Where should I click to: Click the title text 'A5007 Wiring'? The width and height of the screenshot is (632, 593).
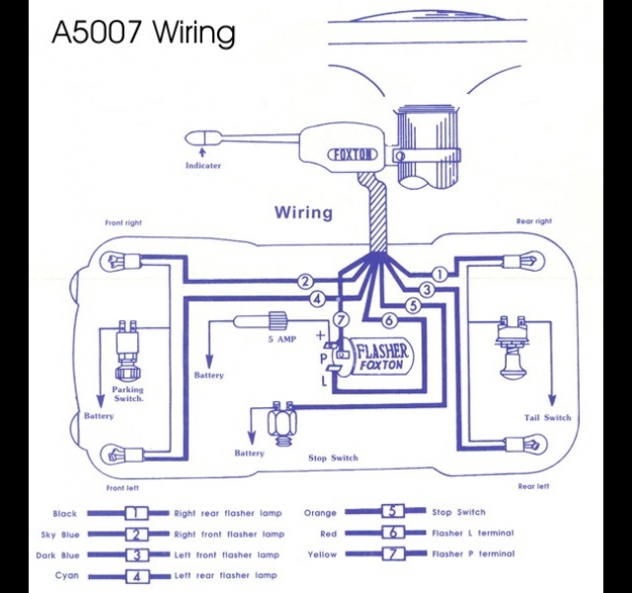pyautogui.click(x=143, y=33)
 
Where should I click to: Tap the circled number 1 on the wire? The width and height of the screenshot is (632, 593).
pyautogui.click(x=439, y=275)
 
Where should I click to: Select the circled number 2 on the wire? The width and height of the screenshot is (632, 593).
pyautogui.click(x=305, y=282)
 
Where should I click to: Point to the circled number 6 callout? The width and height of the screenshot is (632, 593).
pyautogui.click(x=389, y=320)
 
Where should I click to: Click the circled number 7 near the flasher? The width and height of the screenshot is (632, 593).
pyautogui.click(x=342, y=320)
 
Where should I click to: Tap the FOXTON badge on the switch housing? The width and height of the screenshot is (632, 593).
pyautogui.click(x=353, y=155)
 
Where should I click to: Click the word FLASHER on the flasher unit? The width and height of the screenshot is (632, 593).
pyautogui.click(x=382, y=351)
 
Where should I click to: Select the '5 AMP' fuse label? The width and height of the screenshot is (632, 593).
pyautogui.click(x=282, y=339)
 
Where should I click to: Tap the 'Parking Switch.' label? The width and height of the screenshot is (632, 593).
pyautogui.click(x=127, y=394)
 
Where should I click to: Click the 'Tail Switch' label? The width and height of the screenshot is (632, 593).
pyautogui.click(x=548, y=417)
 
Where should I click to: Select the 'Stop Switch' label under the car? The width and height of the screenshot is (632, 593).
pyautogui.click(x=333, y=458)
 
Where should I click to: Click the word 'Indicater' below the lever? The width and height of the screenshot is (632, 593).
pyautogui.click(x=203, y=165)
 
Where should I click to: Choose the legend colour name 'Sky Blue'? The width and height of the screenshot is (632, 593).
pyautogui.click(x=60, y=535)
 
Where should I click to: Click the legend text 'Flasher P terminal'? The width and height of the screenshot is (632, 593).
pyautogui.click(x=473, y=553)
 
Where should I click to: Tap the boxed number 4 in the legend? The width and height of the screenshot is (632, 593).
pyautogui.click(x=137, y=576)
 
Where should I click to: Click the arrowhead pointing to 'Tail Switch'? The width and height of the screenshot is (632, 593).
pyautogui.click(x=552, y=399)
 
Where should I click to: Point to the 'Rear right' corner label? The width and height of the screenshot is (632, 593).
pyautogui.click(x=534, y=221)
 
